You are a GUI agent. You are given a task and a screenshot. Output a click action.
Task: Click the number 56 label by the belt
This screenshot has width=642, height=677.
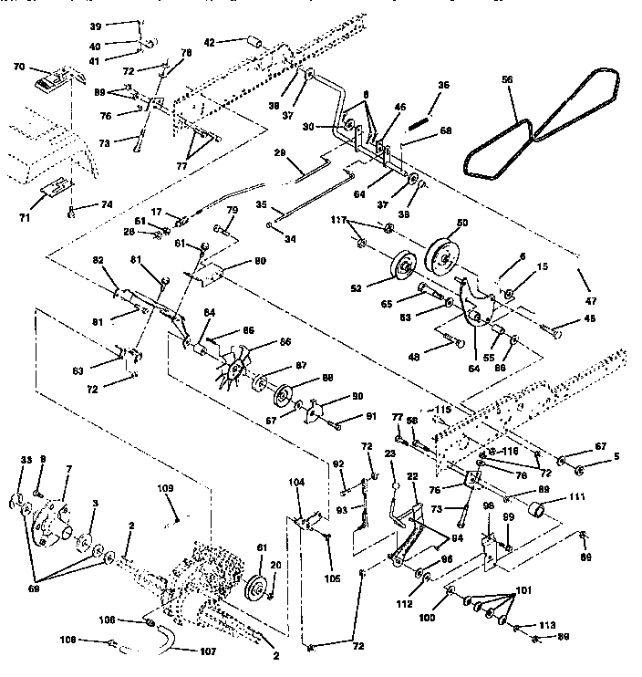(x=508, y=80)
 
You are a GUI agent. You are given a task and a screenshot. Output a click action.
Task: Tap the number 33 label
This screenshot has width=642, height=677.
(x=26, y=460)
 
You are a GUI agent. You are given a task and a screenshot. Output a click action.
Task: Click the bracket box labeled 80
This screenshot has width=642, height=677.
(x=215, y=270)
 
